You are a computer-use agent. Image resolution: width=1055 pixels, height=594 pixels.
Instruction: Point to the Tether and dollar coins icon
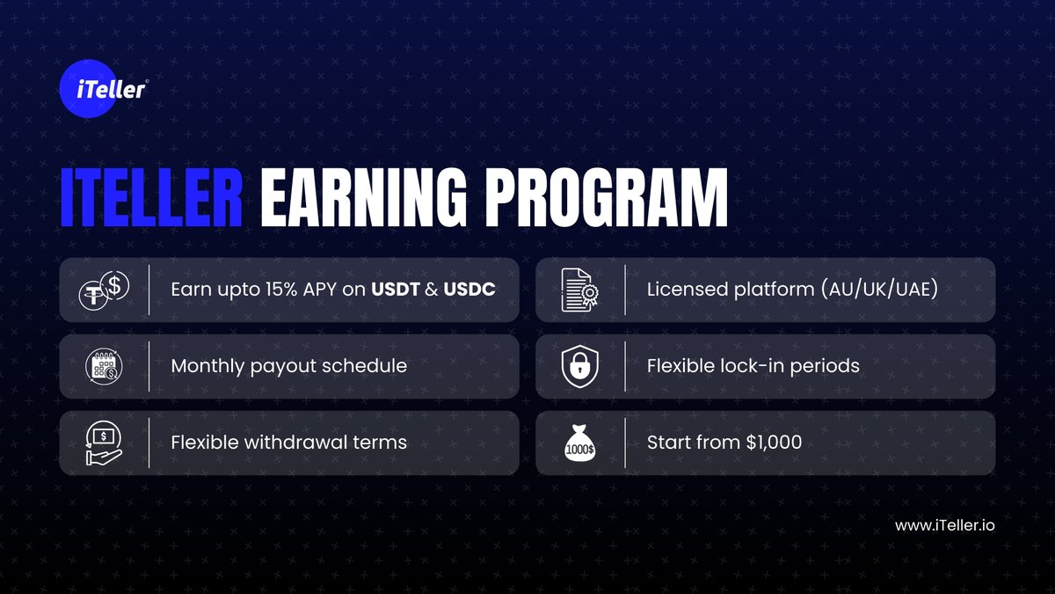coord(104,290)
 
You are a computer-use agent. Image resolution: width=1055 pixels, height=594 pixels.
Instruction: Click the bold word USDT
coord(396,290)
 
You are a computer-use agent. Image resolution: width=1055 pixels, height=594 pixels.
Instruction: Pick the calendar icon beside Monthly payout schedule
coord(104,366)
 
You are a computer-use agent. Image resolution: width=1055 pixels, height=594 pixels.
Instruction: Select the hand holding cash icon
coord(104,443)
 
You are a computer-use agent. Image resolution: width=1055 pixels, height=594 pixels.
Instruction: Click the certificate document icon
coord(579,290)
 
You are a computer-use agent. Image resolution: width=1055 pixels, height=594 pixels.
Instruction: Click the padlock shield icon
coord(579,366)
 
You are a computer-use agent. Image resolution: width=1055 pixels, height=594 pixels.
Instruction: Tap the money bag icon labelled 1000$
coord(579,443)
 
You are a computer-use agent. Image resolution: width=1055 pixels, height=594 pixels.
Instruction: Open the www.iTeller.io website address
coord(945,525)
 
